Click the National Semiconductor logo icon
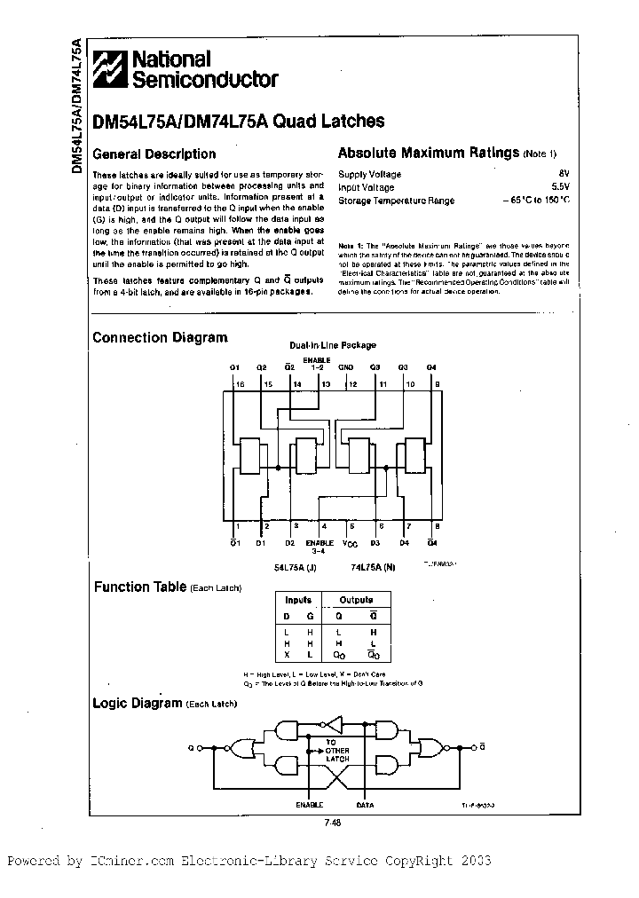tap(112, 68)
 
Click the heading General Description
tap(154, 154)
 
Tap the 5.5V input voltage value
tap(560, 187)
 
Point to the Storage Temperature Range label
tap(397, 201)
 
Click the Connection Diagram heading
tap(160, 338)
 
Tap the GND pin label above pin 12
tap(347, 366)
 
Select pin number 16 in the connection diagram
tap(240, 384)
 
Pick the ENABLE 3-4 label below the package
tap(319, 547)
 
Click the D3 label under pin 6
tap(375, 542)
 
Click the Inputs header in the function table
tap(298, 601)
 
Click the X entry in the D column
tap(287, 655)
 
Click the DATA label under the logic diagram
tap(364, 806)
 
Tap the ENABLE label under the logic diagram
tap(308, 806)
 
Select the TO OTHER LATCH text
tap(336, 751)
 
